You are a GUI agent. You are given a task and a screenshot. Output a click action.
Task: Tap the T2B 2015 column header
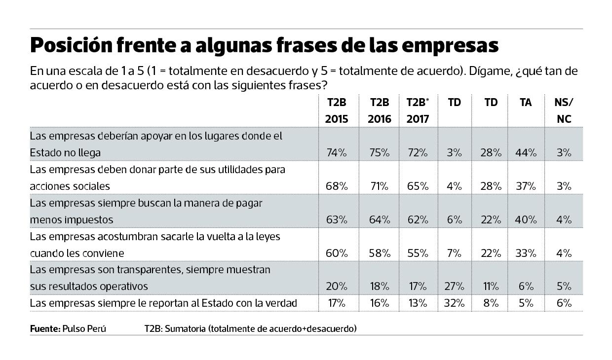[336, 111]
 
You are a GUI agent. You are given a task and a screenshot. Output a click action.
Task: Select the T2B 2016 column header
[379, 111]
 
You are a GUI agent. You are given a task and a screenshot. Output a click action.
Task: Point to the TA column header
[526, 103]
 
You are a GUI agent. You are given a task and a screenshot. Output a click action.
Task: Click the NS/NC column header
[564, 111]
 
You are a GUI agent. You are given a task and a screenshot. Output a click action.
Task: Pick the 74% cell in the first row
[337, 153]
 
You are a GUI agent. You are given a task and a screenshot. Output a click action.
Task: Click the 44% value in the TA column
[526, 153]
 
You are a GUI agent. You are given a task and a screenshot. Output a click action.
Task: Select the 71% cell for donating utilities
[380, 186]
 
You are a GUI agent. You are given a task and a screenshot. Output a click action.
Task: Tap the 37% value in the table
[526, 186]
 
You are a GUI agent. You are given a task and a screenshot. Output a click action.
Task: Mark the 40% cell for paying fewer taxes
[526, 220]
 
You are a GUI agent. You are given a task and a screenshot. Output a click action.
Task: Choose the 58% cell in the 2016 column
[380, 253]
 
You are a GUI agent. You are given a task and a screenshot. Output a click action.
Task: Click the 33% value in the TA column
[526, 253]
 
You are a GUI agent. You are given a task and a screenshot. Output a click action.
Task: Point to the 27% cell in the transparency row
[454, 287]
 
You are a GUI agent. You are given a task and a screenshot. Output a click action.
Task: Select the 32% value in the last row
[454, 303]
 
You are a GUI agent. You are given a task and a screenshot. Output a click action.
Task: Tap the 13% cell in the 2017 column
[417, 303]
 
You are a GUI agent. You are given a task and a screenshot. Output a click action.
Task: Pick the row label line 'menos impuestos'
[72, 220]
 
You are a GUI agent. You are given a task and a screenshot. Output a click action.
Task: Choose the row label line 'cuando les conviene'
[76, 253]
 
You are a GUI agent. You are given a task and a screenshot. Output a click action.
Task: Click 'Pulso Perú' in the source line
[84, 328]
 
